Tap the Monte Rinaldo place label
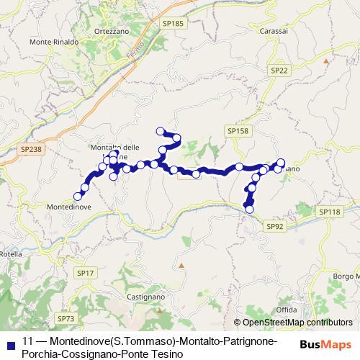[x=54, y=42]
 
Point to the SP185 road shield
[x=174, y=23]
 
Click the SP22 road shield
[x=280, y=70]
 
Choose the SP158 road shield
[x=237, y=130]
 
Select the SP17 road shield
[x=86, y=273]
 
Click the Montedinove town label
[x=68, y=206]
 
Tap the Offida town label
[x=286, y=310]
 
